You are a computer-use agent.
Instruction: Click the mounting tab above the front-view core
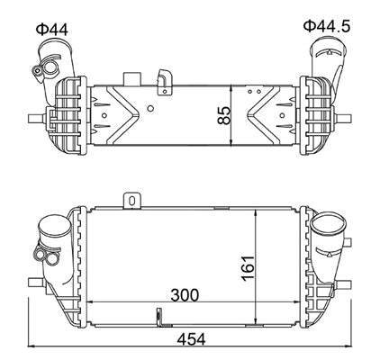[x=131, y=199]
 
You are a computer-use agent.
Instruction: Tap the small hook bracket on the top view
[x=164, y=79]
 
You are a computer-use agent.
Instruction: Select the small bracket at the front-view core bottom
[x=158, y=317]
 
